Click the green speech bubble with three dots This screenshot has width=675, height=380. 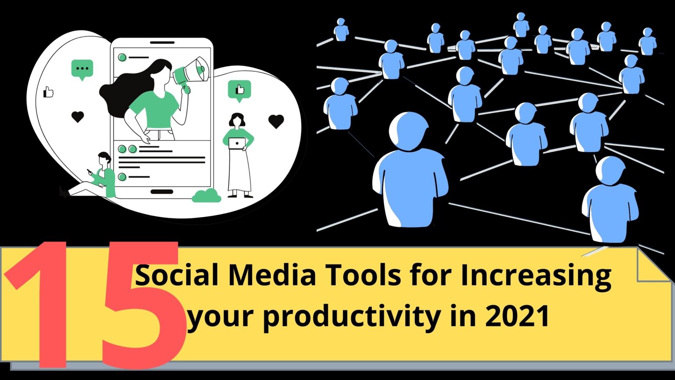[82, 69]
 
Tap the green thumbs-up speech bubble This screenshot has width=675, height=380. [239, 90]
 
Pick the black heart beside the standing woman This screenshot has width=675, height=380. [276, 121]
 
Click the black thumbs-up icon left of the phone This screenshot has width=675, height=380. [48, 92]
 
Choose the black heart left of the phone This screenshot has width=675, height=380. [77, 116]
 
